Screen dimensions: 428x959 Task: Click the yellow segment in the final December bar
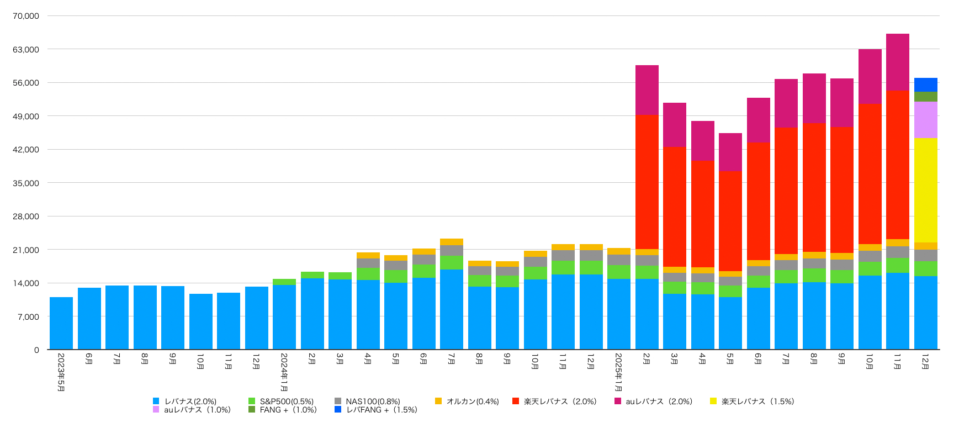(x=925, y=190)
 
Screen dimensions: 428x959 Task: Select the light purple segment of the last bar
(x=925, y=119)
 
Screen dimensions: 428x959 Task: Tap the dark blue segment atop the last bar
(x=925, y=84)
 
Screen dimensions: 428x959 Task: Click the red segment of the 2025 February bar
(x=647, y=182)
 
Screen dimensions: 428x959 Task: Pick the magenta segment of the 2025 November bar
(x=897, y=62)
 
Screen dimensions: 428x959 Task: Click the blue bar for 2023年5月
(x=61, y=323)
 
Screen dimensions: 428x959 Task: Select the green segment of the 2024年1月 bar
(x=284, y=282)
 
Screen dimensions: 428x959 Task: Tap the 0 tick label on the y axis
(x=36, y=350)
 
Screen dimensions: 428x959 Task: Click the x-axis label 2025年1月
(x=619, y=372)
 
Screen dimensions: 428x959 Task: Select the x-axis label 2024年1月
(x=284, y=372)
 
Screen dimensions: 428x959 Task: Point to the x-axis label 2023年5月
(x=61, y=372)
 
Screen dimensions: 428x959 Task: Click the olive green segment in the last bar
(x=925, y=97)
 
